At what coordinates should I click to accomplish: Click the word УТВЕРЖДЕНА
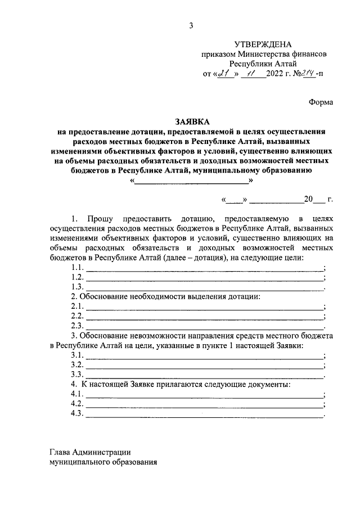pyautogui.click(x=263, y=44)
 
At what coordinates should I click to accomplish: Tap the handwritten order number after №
pyautogui.click(x=308, y=73)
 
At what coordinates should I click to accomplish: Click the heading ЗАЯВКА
pyautogui.click(x=192, y=121)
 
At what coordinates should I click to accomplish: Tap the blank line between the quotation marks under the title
pyautogui.click(x=192, y=182)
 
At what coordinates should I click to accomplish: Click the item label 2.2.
pyautogui.click(x=77, y=317)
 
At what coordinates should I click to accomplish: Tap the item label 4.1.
pyautogui.click(x=77, y=395)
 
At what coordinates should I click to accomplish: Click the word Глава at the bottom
pyautogui.click(x=60, y=452)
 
